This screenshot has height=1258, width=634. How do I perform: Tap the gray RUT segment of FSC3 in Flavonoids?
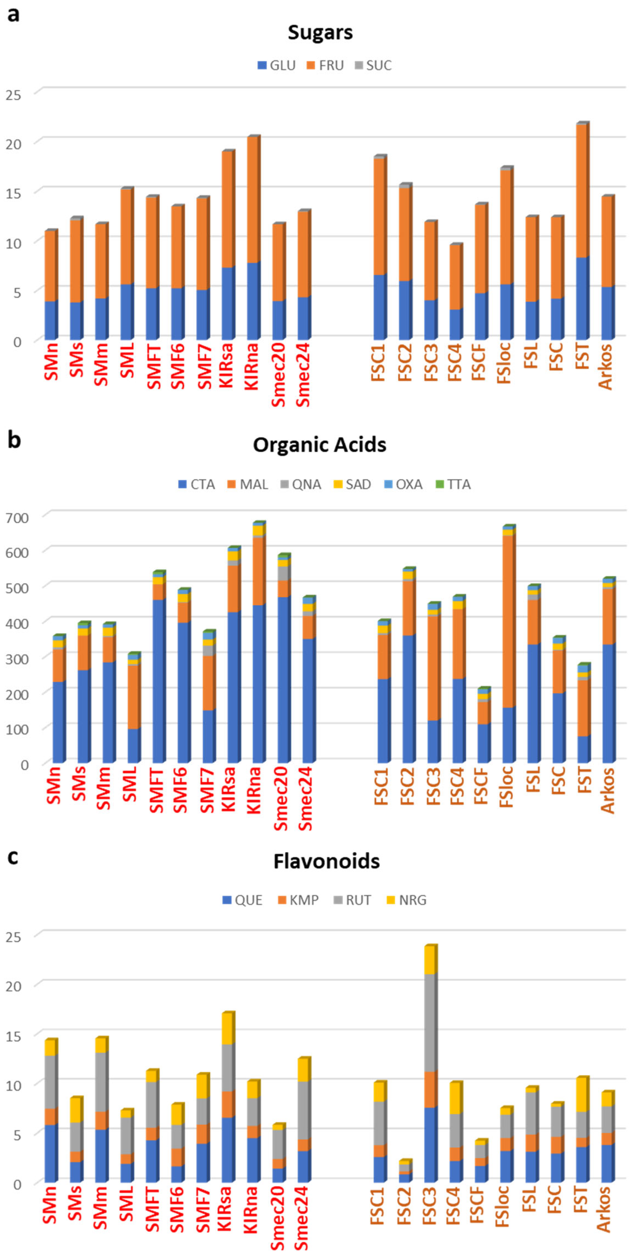[430, 1023]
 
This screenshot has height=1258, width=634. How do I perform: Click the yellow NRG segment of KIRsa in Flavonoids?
[228, 1029]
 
